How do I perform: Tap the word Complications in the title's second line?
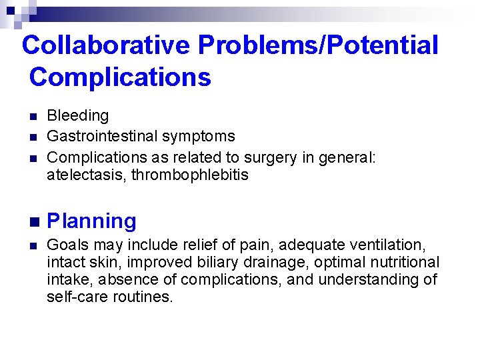click(x=120, y=77)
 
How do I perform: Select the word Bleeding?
click(x=77, y=116)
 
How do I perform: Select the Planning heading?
click(x=91, y=221)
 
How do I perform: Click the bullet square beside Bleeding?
click(x=31, y=117)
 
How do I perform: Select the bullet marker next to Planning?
click(x=32, y=221)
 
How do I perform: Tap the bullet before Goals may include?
click(x=31, y=246)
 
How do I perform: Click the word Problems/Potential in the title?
click(x=318, y=45)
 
